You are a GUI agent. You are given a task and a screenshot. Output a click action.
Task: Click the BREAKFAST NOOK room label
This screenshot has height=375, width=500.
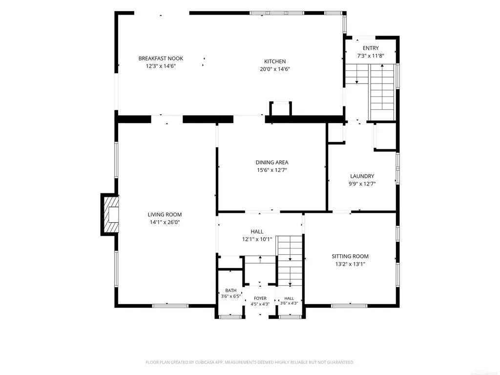click(x=161, y=59)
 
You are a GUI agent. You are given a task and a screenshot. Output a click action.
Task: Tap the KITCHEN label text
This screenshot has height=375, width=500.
click(x=275, y=62)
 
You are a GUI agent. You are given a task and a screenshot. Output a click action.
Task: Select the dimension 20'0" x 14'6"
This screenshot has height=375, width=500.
click(x=275, y=69)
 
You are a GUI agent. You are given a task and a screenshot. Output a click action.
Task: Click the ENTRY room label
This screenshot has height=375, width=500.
click(x=371, y=48)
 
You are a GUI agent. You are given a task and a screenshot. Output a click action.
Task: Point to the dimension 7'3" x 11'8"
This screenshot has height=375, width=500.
click(x=371, y=56)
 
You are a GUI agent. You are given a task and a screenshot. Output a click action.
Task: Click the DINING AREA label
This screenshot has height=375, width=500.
click(x=272, y=162)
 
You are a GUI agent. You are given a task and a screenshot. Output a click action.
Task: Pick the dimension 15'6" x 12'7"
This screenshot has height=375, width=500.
click(x=272, y=170)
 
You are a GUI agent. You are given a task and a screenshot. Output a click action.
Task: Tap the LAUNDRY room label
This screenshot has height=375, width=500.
click(x=362, y=176)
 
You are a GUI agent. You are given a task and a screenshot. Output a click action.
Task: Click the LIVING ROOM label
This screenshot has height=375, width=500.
click(x=165, y=215)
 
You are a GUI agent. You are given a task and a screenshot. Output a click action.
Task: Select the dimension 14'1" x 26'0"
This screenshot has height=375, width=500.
click(x=165, y=222)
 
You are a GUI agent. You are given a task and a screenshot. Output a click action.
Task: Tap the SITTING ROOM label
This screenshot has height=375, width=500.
click(x=350, y=256)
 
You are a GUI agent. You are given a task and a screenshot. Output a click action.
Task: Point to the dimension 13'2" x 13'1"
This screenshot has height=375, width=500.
click(x=350, y=264)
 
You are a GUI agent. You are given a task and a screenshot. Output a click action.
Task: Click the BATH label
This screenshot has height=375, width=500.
click(x=231, y=291)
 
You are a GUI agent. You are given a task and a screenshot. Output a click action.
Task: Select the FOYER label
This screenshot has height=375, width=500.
click(x=260, y=298)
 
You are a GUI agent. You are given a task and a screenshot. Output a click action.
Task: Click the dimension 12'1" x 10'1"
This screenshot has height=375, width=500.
click(x=257, y=239)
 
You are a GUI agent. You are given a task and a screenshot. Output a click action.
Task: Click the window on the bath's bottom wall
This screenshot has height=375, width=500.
click(x=230, y=316)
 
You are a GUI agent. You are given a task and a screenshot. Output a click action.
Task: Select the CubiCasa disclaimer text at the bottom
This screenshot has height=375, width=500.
click(x=250, y=362)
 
